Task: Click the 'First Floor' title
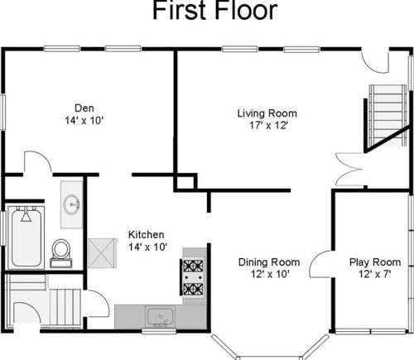tap(215, 11)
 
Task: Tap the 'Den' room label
tap(84, 108)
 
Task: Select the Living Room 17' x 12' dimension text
tap(268, 126)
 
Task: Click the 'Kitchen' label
tap(147, 235)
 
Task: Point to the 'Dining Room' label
tap(269, 262)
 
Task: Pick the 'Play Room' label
tap(375, 262)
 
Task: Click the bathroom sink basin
tap(71, 204)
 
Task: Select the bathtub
tap(26, 238)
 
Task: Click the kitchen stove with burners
tap(193, 277)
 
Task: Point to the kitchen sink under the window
tap(161, 317)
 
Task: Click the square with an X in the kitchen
tap(102, 253)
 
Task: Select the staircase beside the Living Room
tap(388, 115)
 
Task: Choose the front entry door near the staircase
tap(375, 61)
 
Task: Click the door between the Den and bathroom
tap(38, 163)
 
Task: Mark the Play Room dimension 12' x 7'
tap(375, 275)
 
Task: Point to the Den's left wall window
tap(2, 112)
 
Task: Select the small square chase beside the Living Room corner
tap(185, 182)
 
